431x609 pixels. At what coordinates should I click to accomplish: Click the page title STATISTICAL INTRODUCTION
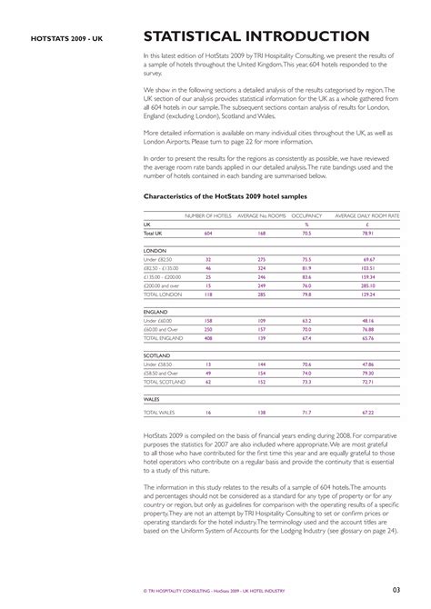256,36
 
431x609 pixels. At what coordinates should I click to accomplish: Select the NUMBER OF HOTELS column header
208,215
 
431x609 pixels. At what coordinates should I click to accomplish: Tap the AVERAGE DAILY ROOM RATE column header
368,215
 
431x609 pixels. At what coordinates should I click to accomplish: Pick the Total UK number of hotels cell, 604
208,234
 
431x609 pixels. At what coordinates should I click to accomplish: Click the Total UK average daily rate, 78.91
368,234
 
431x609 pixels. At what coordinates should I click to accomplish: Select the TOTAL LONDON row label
164,295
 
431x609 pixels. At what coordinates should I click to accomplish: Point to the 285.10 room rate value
368,285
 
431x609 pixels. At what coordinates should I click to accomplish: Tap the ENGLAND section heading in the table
157,311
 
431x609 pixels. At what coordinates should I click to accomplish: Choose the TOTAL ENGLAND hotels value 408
208,338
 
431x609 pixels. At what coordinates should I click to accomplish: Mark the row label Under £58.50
160,364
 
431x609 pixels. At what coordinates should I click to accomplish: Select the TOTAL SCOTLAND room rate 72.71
368,382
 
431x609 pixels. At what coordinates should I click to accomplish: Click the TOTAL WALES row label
161,413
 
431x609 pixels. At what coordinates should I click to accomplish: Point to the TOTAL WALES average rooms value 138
261,413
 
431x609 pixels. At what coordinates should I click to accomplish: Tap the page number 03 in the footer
397,591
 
